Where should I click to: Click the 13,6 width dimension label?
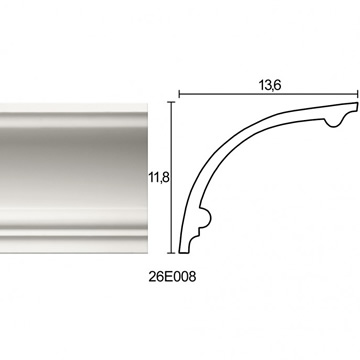tap(270, 86)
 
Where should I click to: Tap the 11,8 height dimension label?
tap(159, 178)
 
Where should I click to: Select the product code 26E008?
tap(172, 277)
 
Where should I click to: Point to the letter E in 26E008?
tap(168, 277)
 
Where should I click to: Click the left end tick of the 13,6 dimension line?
tap(179, 94)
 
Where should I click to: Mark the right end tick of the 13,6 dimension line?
tap(358, 94)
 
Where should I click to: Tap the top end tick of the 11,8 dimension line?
tap(171, 102)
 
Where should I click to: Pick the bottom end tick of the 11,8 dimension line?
tap(171, 253)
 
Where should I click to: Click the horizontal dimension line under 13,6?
tap(268, 94)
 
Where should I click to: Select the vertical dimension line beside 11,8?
tap(171, 177)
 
